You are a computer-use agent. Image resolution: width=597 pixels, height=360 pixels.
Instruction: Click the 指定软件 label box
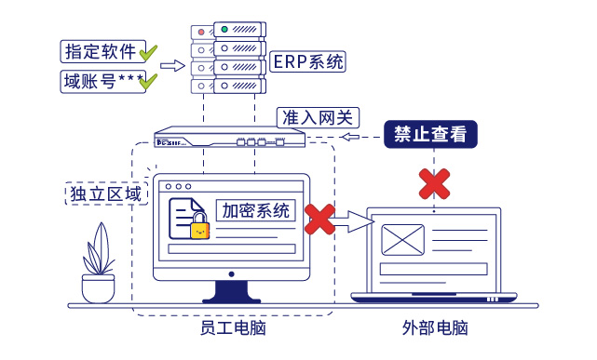(98, 50)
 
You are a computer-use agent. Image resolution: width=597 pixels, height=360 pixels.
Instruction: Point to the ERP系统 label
(308, 62)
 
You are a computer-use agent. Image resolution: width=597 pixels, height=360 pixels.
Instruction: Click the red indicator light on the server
(202, 32)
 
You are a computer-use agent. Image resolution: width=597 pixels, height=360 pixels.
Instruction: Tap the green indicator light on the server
(225, 32)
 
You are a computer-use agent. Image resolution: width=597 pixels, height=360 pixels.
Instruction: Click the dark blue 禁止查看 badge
(430, 135)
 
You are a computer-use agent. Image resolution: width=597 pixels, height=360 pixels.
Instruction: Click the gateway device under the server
(229, 140)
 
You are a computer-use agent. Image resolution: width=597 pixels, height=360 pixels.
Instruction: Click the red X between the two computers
(319, 220)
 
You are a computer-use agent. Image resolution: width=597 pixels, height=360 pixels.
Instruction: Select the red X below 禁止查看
(433, 183)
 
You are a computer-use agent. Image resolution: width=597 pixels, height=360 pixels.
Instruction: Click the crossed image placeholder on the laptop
(402, 239)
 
